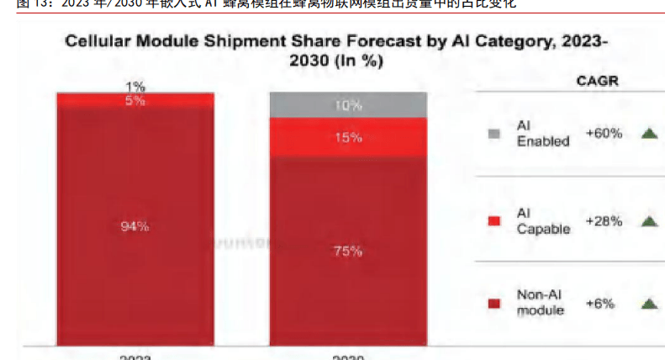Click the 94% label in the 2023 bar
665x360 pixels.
point(135,225)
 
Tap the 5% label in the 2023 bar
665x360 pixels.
point(135,100)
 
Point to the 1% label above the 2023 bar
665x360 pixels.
point(135,86)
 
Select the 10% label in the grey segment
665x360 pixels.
point(347,105)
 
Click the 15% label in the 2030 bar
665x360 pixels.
point(347,137)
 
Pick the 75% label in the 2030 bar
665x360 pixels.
point(347,251)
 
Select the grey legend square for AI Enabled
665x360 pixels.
point(494,134)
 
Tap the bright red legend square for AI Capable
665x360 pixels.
point(494,221)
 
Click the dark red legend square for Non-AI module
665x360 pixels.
point(494,303)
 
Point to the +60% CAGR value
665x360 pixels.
point(604,133)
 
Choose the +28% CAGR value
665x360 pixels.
point(604,221)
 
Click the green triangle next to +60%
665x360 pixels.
point(648,133)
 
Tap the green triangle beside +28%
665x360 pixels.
point(648,221)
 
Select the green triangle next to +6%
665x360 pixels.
point(648,303)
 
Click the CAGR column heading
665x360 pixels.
point(597,81)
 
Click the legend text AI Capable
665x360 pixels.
point(543,221)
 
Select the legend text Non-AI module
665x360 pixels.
point(541,303)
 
